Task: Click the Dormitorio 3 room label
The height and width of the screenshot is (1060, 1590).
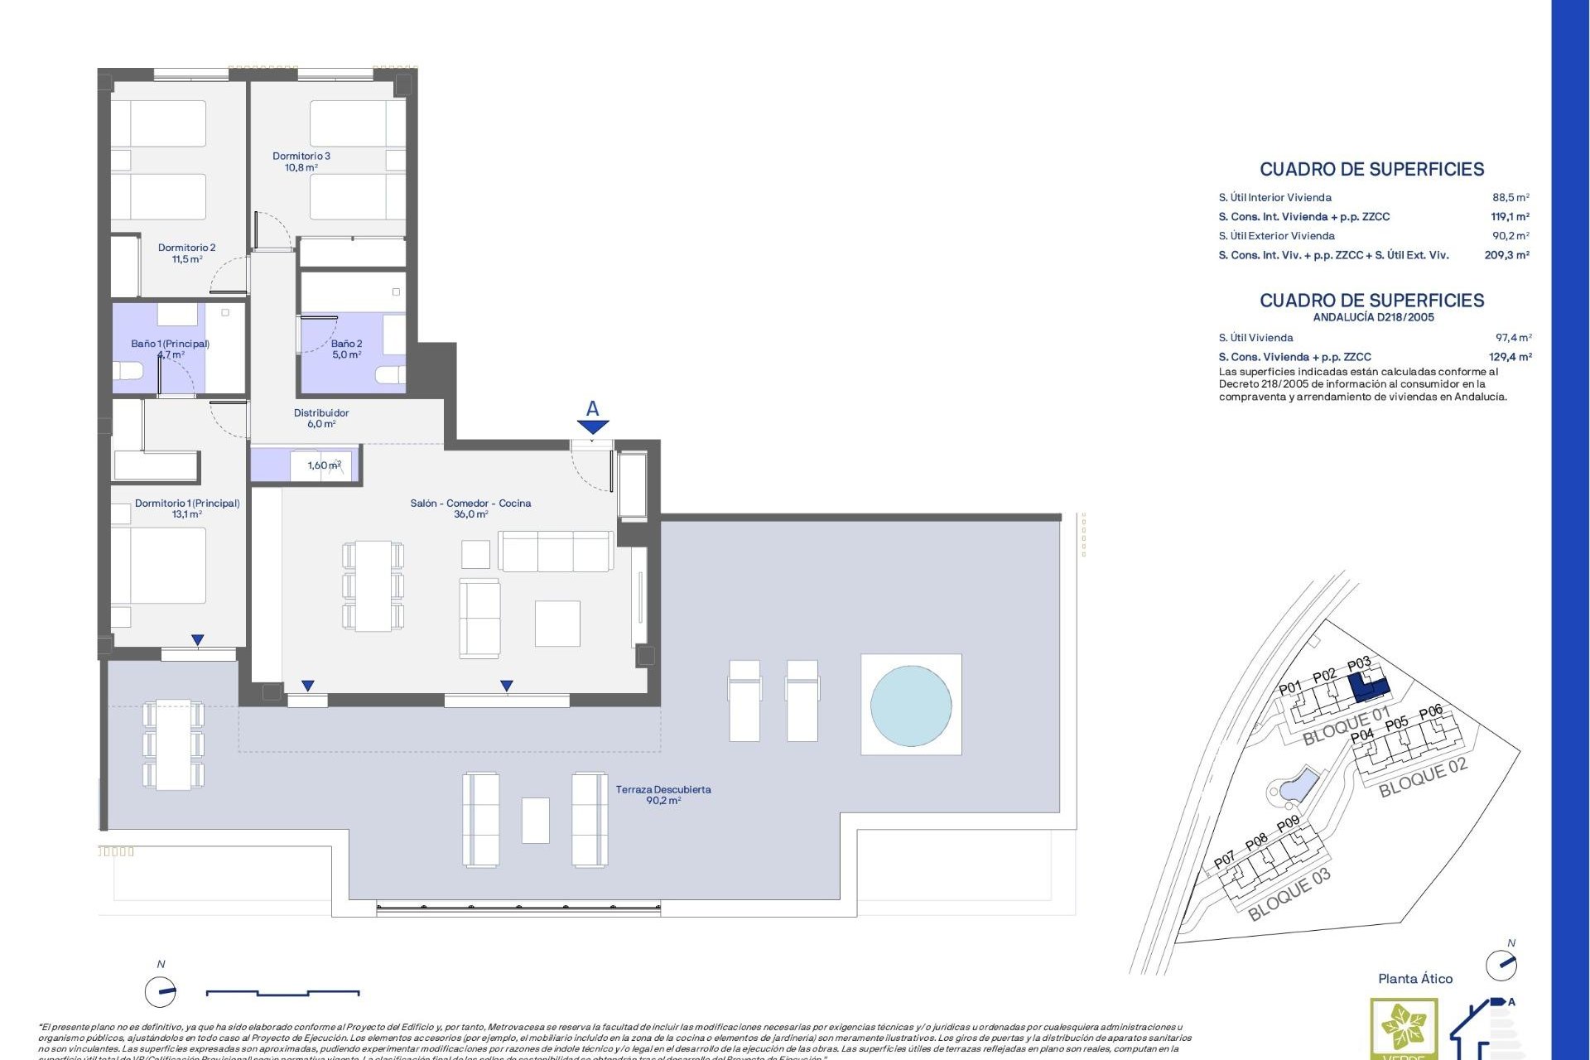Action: pos(301,161)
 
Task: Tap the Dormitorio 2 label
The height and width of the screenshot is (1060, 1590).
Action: pos(187,253)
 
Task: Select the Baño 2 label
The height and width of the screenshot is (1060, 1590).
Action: pos(346,349)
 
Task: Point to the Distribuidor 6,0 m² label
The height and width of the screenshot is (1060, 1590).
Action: pos(321,418)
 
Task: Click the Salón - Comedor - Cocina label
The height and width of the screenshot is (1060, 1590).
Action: pos(470,508)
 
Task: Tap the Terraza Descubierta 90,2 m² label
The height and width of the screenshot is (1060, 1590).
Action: pos(663,795)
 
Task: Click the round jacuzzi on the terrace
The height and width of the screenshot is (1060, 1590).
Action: pos(911,706)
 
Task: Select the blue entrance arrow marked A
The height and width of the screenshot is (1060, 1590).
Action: pos(593,426)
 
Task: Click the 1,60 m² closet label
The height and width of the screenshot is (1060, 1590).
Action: pos(324,465)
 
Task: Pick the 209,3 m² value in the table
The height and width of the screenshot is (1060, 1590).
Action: pos(1506,255)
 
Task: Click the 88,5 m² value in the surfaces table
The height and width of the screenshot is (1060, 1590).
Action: pos(1510,197)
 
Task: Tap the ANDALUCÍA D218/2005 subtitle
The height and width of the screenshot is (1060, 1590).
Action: pos(1373,317)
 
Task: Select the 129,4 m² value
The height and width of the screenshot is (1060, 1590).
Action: pos(1510,357)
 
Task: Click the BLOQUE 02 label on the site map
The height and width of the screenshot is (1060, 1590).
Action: pos(1423,778)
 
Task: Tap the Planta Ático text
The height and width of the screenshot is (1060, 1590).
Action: pos(1415,979)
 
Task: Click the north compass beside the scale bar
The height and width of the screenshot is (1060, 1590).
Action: pos(161,990)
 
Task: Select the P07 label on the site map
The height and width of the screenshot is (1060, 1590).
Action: pos(1224,860)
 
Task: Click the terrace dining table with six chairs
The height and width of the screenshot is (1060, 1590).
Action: pos(173,744)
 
